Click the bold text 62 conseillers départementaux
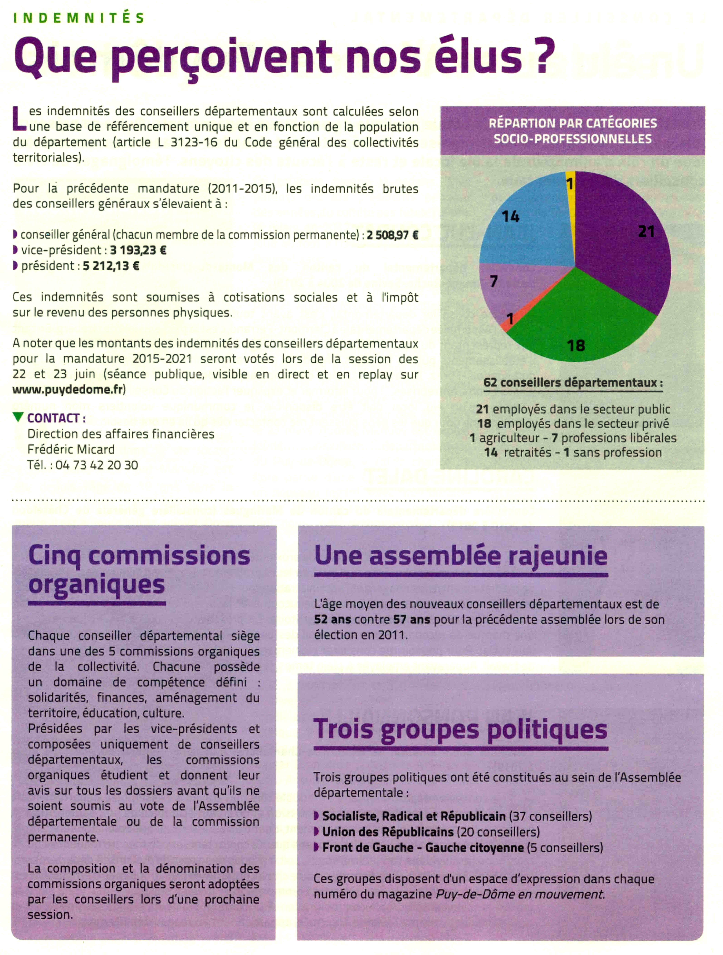(x=573, y=382)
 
